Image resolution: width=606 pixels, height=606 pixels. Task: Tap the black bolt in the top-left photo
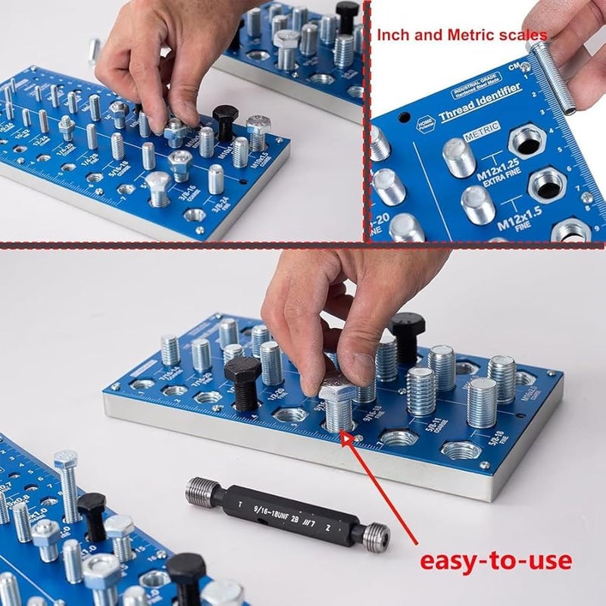pos(225,120)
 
